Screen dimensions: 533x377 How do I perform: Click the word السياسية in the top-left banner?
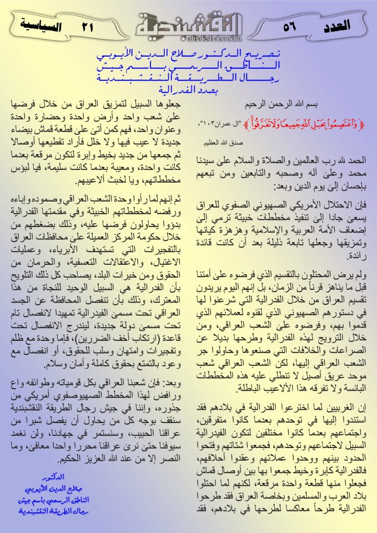tap(41, 24)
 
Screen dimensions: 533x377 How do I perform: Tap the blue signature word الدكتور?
tap(53, 461)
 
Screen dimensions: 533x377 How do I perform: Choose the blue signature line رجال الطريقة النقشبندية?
tap(53, 495)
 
